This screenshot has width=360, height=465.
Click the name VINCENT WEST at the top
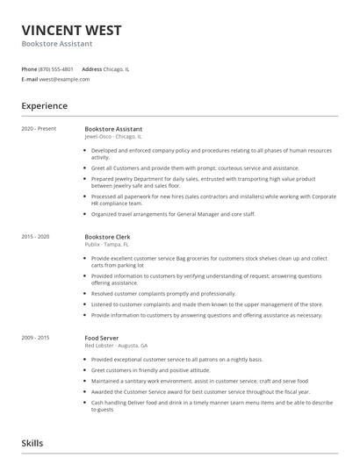click(x=71, y=30)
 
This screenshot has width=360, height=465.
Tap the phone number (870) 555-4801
click(x=57, y=68)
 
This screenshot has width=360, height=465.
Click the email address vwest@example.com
click(x=64, y=79)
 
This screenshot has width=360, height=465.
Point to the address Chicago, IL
click(x=117, y=68)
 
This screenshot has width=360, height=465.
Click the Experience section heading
click(x=45, y=106)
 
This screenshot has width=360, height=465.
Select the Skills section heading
click(x=32, y=444)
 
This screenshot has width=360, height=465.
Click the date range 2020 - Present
click(x=39, y=129)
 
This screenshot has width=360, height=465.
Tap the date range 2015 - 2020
click(x=36, y=237)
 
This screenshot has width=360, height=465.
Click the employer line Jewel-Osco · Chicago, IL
click(x=113, y=137)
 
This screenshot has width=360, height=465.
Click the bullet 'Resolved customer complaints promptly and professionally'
click(x=176, y=293)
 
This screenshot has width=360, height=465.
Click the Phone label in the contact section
click(x=29, y=68)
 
